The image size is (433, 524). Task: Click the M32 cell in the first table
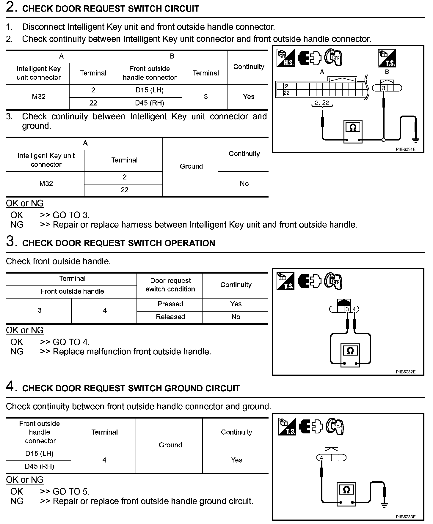point(39,97)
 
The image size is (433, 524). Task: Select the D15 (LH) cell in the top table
point(150,90)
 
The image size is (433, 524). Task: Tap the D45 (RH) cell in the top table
point(150,103)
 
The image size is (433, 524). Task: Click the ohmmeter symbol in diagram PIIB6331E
point(353,131)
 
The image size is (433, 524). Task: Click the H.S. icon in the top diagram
point(285,58)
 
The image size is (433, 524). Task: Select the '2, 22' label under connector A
point(322,102)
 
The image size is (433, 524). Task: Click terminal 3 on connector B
point(384,88)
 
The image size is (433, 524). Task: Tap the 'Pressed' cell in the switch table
point(170,304)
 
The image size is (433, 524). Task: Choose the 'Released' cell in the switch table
point(170,317)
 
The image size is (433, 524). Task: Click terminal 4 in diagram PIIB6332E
point(354,309)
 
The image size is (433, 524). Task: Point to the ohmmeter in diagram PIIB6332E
point(350,355)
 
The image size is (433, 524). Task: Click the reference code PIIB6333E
point(405,517)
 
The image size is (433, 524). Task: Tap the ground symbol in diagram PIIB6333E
point(384,504)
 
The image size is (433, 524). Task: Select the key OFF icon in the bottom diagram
point(335,427)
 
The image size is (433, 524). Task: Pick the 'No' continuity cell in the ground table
point(244,184)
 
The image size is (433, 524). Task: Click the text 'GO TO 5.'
point(71,492)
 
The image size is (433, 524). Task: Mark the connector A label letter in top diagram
point(322,72)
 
